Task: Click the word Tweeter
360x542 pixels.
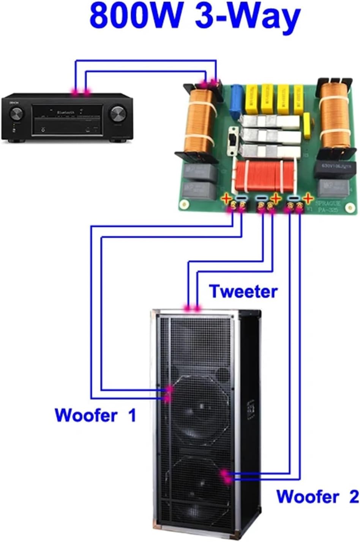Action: coord(243,291)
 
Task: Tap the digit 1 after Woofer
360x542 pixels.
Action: coord(132,415)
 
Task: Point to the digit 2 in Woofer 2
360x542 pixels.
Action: coord(352,496)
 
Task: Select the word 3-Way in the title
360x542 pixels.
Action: coord(247,17)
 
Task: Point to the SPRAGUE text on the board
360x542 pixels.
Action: coord(328,204)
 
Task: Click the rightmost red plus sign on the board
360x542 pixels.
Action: coord(308,198)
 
